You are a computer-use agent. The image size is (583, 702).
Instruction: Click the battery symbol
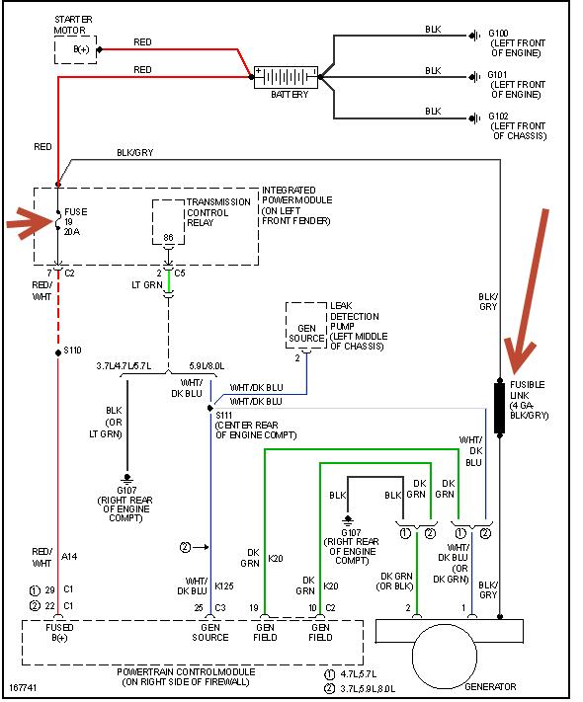pyautogui.click(x=286, y=77)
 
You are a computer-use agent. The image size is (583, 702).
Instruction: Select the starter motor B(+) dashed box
pyautogui.click(x=76, y=49)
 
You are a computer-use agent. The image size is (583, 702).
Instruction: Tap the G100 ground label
pyautogui.click(x=498, y=34)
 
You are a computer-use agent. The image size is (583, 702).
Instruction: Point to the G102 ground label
pyautogui.click(x=498, y=117)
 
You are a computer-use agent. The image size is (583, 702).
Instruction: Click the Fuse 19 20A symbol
pyautogui.click(x=58, y=220)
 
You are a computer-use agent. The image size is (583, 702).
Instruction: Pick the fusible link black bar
pyautogui.click(x=500, y=408)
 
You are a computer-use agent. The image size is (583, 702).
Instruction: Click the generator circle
pyautogui.click(x=445, y=656)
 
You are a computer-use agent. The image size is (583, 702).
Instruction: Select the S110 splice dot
pyautogui.click(x=58, y=352)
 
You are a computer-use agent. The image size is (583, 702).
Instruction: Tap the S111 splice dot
pyautogui.click(x=210, y=409)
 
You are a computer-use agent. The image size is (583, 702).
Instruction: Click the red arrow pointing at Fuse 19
pyautogui.click(x=30, y=221)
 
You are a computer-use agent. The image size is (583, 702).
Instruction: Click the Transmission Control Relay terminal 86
pyautogui.click(x=168, y=237)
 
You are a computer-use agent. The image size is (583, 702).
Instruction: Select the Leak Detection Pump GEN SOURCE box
pyautogui.click(x=306, y=326)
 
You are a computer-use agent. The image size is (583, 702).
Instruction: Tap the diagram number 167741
pyautogui.click(x=23, y=687)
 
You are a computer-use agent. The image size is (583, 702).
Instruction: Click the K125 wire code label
pyautogui.click(x=224, y=586)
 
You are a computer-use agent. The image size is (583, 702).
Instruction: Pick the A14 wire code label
pyautogui.click(x=69, y=557)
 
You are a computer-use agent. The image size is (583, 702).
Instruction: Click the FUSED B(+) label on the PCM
pyautogui.click(x=59, y=632)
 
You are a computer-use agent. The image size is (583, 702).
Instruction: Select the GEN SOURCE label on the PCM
pyautogui.click(x=210, y=632)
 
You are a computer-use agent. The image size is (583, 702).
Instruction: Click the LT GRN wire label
pyautogui.click(x=147, y=284)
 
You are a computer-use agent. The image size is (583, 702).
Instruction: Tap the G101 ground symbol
pyautogui.click(x=473, y=77)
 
